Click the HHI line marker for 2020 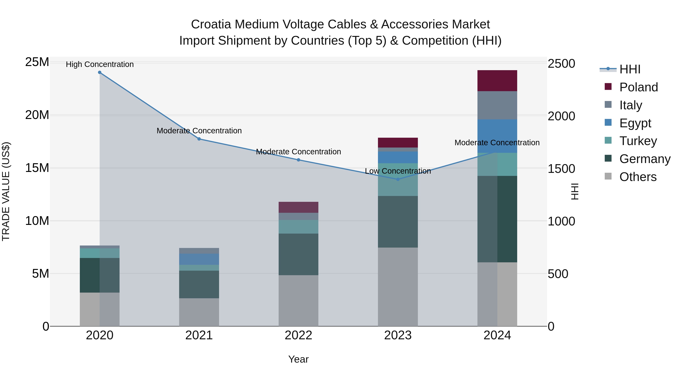[100, 72]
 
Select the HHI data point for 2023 [398, 179]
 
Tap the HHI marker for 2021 [199, 139]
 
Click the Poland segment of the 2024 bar [497, 81]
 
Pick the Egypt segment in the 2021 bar [199, 259]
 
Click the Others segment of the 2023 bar [398, 287]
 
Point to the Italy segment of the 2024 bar [497, 105]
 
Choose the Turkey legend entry [638, 141]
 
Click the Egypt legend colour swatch [608, 123]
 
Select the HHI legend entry [630, 69]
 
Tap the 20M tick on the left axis [37, 115]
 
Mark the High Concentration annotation [100, 64]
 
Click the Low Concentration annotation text [398, 171]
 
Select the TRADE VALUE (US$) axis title [6, 191]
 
